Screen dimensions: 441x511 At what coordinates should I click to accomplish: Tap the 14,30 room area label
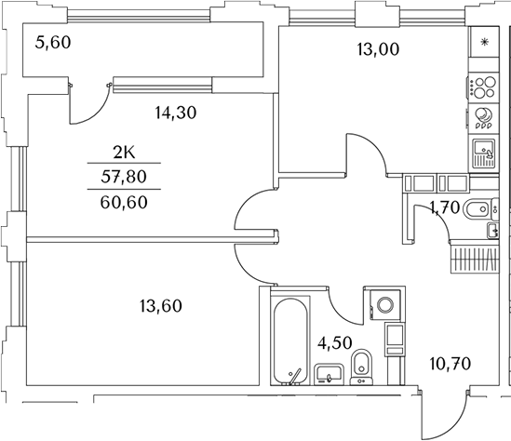pos(177,113)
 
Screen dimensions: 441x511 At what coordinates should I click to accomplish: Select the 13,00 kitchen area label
pos(378,50)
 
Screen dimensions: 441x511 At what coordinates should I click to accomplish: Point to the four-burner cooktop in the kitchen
pos(483,88)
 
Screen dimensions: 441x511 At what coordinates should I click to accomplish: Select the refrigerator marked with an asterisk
pos(483,43)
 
